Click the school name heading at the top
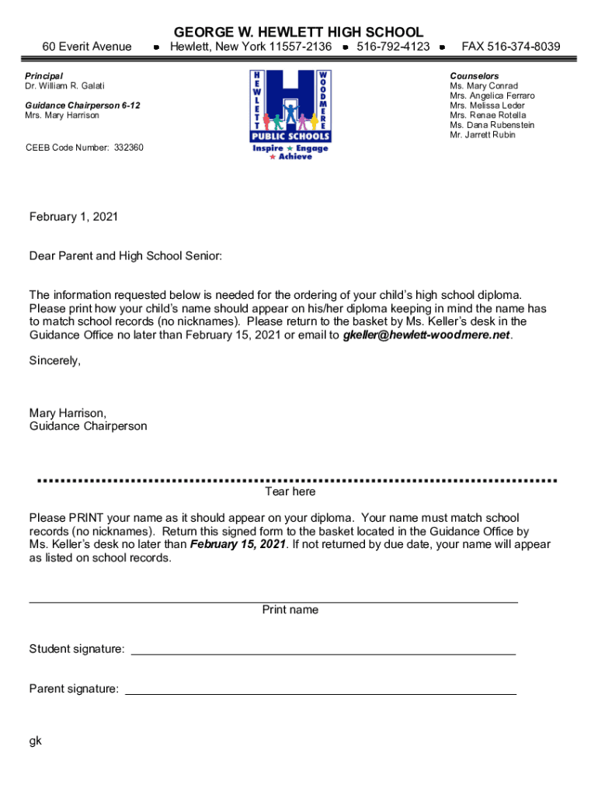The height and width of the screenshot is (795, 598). click(x=299, y=32)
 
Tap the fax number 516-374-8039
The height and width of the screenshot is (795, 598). click(x=510, y=47)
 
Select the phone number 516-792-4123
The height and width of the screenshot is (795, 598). click(x=393, y=47)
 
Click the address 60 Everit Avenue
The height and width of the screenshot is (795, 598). click(x=87, y=47)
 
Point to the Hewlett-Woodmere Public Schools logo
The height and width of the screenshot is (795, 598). click(x=289, y=114)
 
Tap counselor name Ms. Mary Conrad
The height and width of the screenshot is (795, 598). click(x=484, y=86)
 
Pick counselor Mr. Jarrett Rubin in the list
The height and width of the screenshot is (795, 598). click(x=482, y=135)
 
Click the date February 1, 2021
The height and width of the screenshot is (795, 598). click(x=74, y=217)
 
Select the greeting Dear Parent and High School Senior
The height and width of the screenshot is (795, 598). click(x=126, y=255)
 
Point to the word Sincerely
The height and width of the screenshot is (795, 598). click(x=55, y=361)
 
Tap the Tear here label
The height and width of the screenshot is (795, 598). click(x=290, y=492)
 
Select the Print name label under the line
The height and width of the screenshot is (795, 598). click(x=290, y=610)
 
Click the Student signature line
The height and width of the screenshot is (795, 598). click(x=323, y=652)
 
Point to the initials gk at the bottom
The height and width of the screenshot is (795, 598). click(x=36, y=741)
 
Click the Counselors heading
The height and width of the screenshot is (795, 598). click(x=475, y=76)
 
